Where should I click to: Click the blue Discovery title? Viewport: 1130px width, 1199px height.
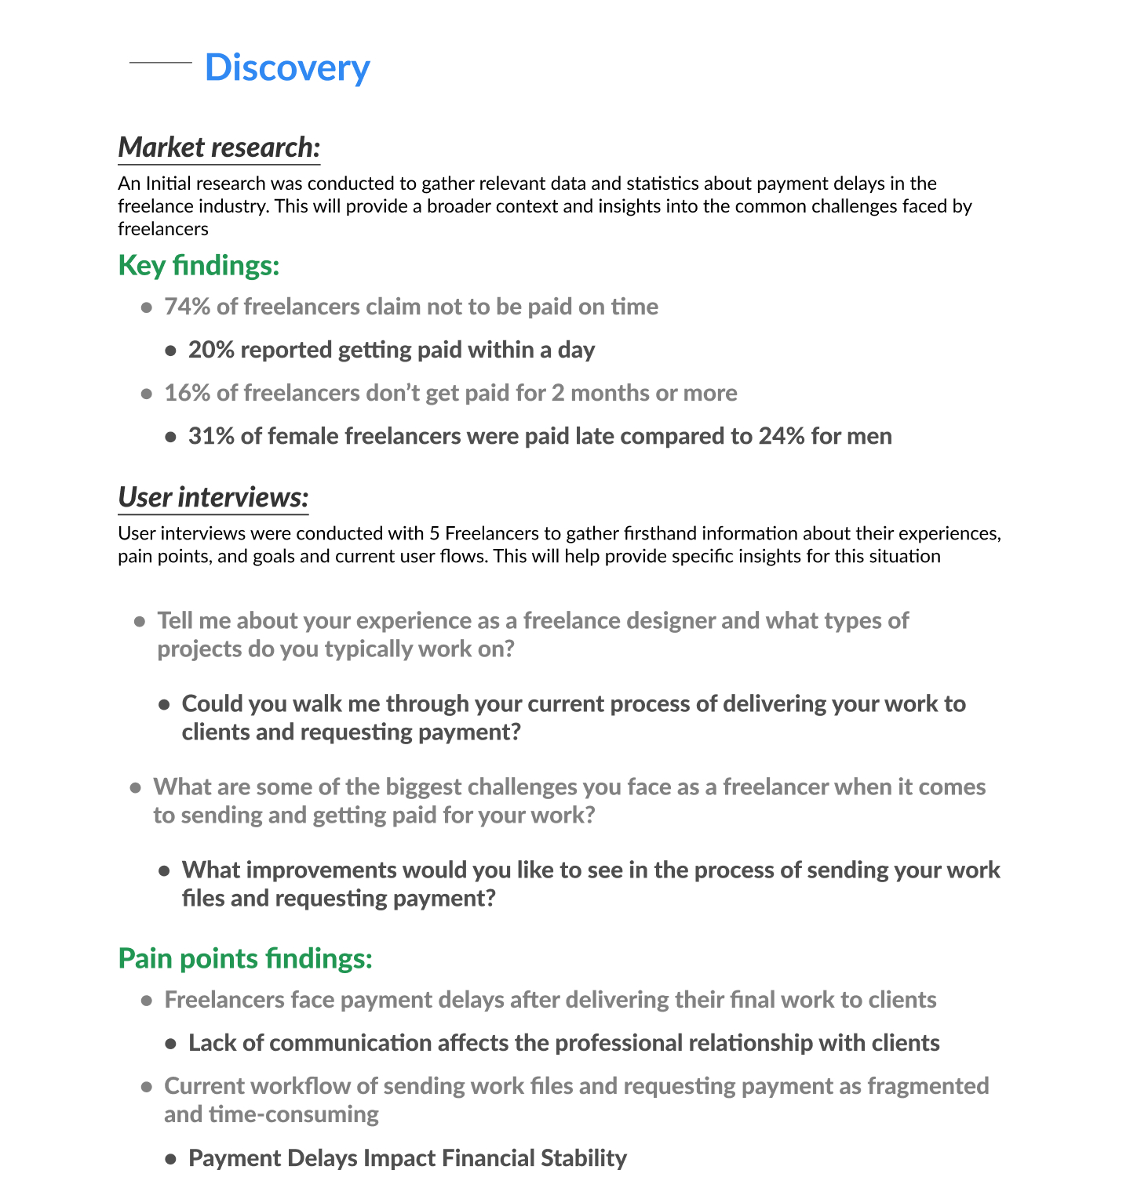pyautogui.click(x=287, y=67)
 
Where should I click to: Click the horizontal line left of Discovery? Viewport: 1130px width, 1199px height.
pyautogui.click(x=160, y=62)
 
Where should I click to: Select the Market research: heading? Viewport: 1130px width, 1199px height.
pyautogui.click(x=219, y=147)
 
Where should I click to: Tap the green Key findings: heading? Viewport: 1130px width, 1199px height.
pyautogui.click(x=199, y=265)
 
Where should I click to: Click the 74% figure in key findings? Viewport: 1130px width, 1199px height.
pyautogui.click(x=187, y=307)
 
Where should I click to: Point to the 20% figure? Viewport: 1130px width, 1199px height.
pyautogui.click(x=211, y=350)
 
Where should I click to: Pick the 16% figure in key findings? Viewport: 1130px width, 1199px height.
pyautogui.click(x=187, y=393)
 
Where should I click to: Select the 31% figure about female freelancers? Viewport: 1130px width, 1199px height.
pyautogui.click(x=211, y=436)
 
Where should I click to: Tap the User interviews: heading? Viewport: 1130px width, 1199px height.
pyautogui.click(x=213, y=497)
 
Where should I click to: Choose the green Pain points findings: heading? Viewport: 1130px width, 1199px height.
pyautogui.click(x=245, y=958)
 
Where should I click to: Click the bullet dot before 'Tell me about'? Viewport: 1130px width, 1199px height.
pyautogui.click(x=140, y=622)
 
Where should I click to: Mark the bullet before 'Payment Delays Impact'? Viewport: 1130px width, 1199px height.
pyautogui.click(x=170, y=1159)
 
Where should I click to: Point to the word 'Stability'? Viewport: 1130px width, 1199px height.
pyautogui.click(x=584, y=1158)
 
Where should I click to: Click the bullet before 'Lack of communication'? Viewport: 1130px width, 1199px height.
pyautogui.click(x=170, y=1044)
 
